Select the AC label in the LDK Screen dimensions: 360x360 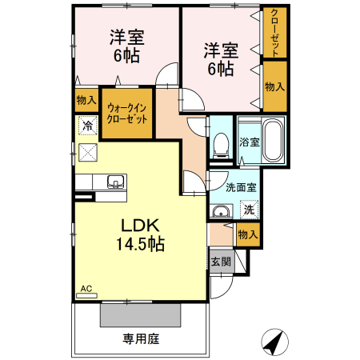coord(86,287)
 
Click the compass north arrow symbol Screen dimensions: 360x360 coord(274,342)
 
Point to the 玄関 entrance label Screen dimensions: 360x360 coord(221,261)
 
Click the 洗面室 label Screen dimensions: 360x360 coord(240,188)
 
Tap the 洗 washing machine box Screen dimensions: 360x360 coord(248,210)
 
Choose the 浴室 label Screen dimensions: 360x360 coord(249,142)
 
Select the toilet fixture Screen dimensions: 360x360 coord(221,144)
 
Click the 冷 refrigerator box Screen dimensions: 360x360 coord(87,126)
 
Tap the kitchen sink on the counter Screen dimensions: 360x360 coord(114,181)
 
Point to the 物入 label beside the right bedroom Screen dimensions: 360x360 coord(274,86)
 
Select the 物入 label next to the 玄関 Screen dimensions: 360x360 coord(248,234)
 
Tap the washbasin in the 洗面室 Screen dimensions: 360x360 coord(221,211)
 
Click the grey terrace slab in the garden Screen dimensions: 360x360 coord(140,314)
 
